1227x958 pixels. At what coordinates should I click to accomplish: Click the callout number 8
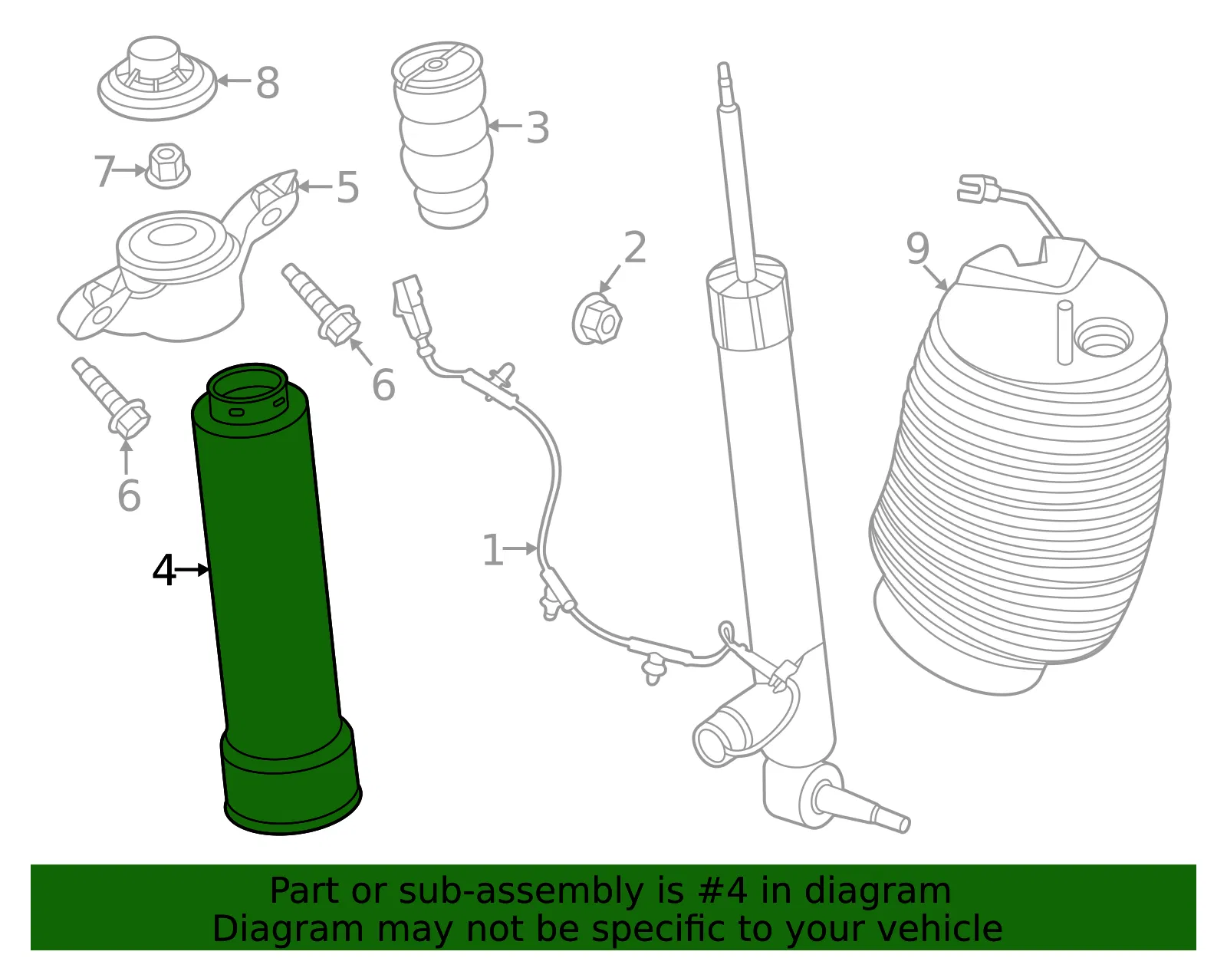268,83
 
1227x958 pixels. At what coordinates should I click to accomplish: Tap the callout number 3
538,127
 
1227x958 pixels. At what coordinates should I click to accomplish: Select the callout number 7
104,171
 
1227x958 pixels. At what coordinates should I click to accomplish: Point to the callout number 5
348,187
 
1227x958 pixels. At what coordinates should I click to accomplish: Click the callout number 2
635,247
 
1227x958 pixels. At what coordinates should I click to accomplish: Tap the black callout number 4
164,570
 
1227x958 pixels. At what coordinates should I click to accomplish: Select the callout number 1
493,550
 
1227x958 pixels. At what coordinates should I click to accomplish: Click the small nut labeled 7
167,166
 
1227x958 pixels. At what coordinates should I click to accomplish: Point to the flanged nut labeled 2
597,321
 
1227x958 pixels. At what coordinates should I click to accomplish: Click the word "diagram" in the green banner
877,891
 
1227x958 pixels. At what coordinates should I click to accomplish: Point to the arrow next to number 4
192,570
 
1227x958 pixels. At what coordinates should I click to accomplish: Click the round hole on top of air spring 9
1104,337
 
